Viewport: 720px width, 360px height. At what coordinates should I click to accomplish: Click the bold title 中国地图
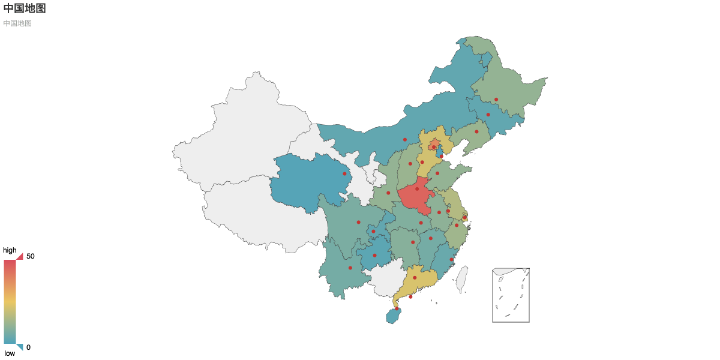pyautogui.click(x=25, y=8)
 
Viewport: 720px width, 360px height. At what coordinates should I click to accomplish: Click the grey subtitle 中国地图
pyautogui.click(x=17, y=23)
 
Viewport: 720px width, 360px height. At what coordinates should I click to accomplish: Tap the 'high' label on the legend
pyautogui.click(x=10, y=250)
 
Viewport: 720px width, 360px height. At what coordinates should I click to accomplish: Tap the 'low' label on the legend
pyautogui.click(x=10, y=353)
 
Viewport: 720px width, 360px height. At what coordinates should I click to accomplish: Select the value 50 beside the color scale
pyautogui.click(x=31, y=256)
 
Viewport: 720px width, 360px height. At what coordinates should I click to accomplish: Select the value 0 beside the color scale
pyautogui.click(x=28, y=347)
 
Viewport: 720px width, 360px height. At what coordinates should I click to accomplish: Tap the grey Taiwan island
pyautogui.click(x=462, y=279)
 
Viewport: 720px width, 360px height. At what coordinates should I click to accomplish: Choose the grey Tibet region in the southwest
pyautogui.click(x=258, y=216)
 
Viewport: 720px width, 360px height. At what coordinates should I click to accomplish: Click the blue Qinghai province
pyautogui.click(x=306, y=180)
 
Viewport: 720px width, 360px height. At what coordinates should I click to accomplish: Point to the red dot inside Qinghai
pyautogui.click(x=344, y=174)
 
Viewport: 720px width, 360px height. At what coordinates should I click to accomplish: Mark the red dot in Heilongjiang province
pyautogui.click(x=496, y=100)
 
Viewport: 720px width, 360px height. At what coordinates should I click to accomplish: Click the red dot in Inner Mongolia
pyautogui.click(x=405, y=140)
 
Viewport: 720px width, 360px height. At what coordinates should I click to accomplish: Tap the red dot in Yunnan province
pyautogui.click(x=350, y=268)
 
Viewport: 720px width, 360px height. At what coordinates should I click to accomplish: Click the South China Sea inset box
pyautogui.click(x=511, y=295)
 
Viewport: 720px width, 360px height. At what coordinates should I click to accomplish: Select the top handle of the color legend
pyautogui.click(x=19, y=256)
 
